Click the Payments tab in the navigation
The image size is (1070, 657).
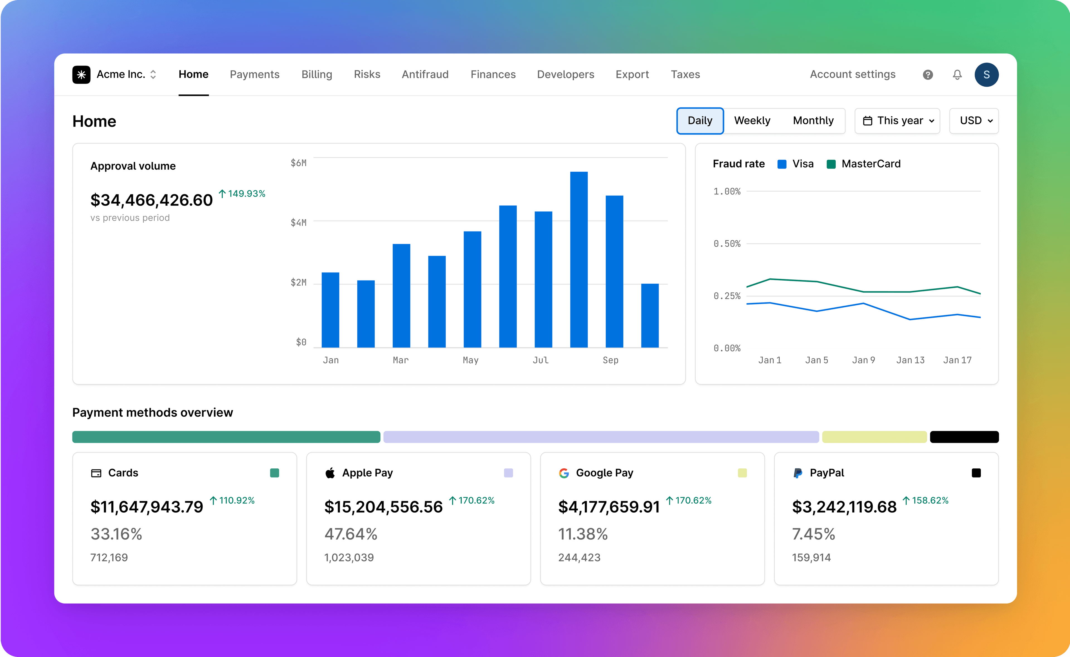(x=255, y=74)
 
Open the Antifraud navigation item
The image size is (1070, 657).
(x=425, y=74)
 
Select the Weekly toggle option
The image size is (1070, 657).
(x=752, y=120)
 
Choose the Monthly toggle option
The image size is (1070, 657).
(x=813, y=120)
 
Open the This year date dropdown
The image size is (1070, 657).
(x=897, y=120)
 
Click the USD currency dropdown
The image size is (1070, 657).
(x=974, y=120)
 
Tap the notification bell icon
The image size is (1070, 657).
(x=957, y=75)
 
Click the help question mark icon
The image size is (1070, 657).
(x=928, y=75)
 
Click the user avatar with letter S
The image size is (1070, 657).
(x=986, y=75)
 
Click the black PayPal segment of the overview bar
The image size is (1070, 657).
(x=964, y=437)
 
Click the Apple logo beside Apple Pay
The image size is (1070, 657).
(x=330, y=473)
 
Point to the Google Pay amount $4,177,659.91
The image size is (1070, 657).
(x=609, y=507)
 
